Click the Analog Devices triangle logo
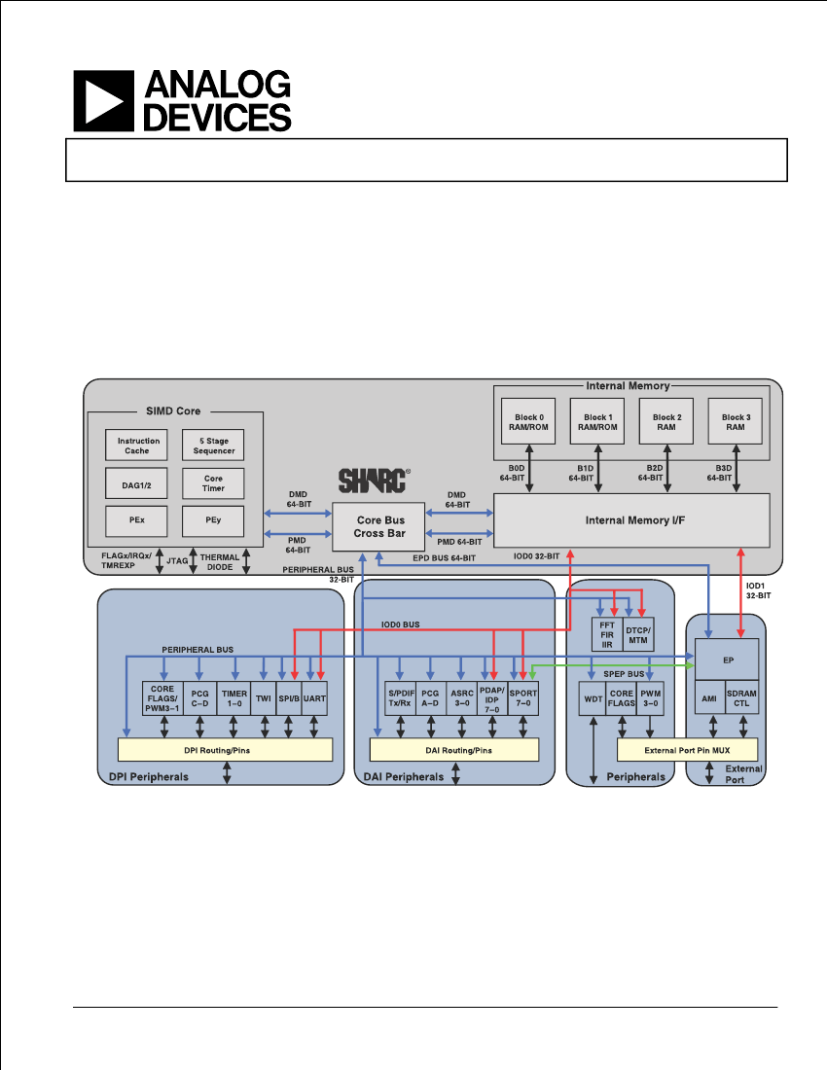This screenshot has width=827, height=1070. (104, 101)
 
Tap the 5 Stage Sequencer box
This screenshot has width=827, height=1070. (213, 445)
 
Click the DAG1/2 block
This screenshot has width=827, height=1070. (136, 483)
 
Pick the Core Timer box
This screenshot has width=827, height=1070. (213, 483)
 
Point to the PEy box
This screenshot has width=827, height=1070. (213, 521)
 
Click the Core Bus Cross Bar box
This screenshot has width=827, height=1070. (378, 527)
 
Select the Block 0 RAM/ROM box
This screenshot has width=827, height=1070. (528, 422)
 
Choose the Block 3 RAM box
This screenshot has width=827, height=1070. (735, 422)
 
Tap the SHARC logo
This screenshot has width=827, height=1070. (375, 481)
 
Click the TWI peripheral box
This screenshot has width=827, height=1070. (264, 698)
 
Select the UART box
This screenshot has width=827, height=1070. (314, 698)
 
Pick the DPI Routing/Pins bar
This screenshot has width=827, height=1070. (225, 750)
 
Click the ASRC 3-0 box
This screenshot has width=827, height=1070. (462, 698)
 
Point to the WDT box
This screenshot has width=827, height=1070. (593, 698)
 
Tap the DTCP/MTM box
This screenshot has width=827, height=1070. (638, 634)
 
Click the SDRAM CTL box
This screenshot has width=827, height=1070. (741, 698)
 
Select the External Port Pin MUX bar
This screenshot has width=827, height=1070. (687, 750)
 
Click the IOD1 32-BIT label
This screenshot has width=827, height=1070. (757, 591)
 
